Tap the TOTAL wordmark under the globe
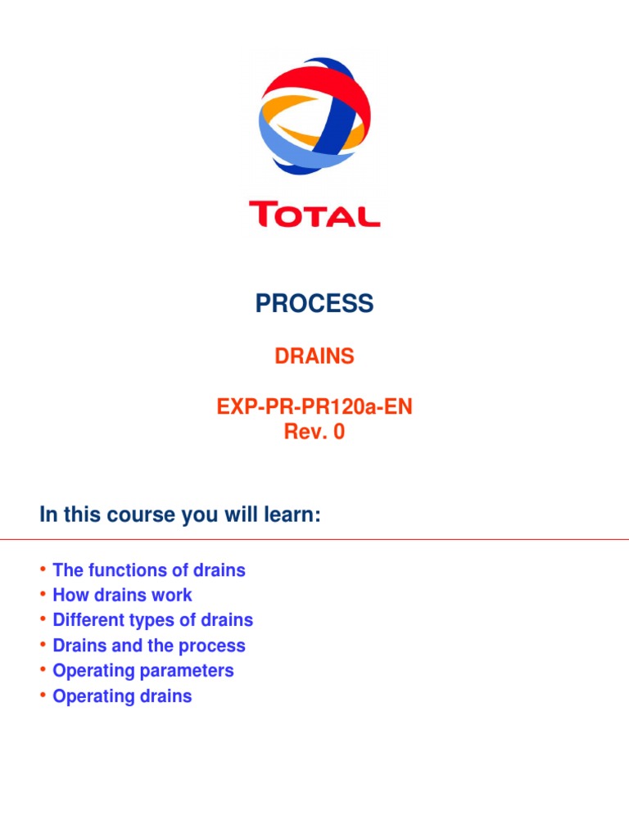314,215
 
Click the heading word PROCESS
314,304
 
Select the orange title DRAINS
314,356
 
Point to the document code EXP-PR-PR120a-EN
314,406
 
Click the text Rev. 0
314,432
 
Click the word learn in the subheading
289,517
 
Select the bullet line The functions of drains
148,570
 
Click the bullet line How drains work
122,595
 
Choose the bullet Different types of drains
152,620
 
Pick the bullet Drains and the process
148,646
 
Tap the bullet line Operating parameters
143,671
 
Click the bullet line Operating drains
122,696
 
